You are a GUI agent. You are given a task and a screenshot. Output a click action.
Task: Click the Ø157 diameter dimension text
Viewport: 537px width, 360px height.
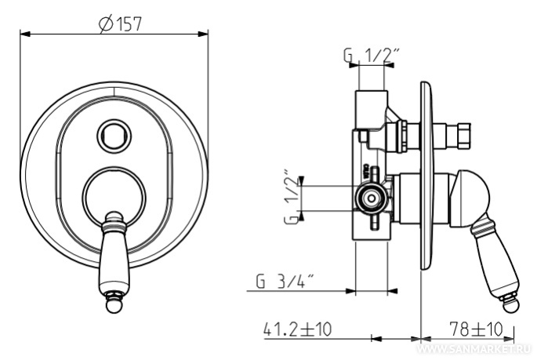click(120, 24)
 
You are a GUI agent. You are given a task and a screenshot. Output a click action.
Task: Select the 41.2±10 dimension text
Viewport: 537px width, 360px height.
click(297, 329)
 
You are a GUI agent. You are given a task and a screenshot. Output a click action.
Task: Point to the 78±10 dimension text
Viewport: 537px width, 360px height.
click(477, 329)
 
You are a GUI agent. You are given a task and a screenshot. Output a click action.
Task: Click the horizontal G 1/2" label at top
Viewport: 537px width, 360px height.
click(372, 55)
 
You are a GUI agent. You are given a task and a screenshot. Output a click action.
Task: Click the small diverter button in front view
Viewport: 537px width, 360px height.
click(114, 136)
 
